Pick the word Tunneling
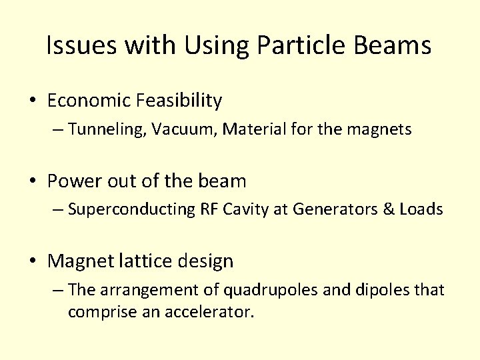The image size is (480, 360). tap(107, 129)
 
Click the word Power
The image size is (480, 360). tap(73, 181)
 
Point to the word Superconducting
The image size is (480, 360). tap(131, 209)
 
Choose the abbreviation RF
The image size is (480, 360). tap(209, 209)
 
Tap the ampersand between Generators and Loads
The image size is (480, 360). tap(388, 209)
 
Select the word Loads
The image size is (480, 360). tap(421, 209)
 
